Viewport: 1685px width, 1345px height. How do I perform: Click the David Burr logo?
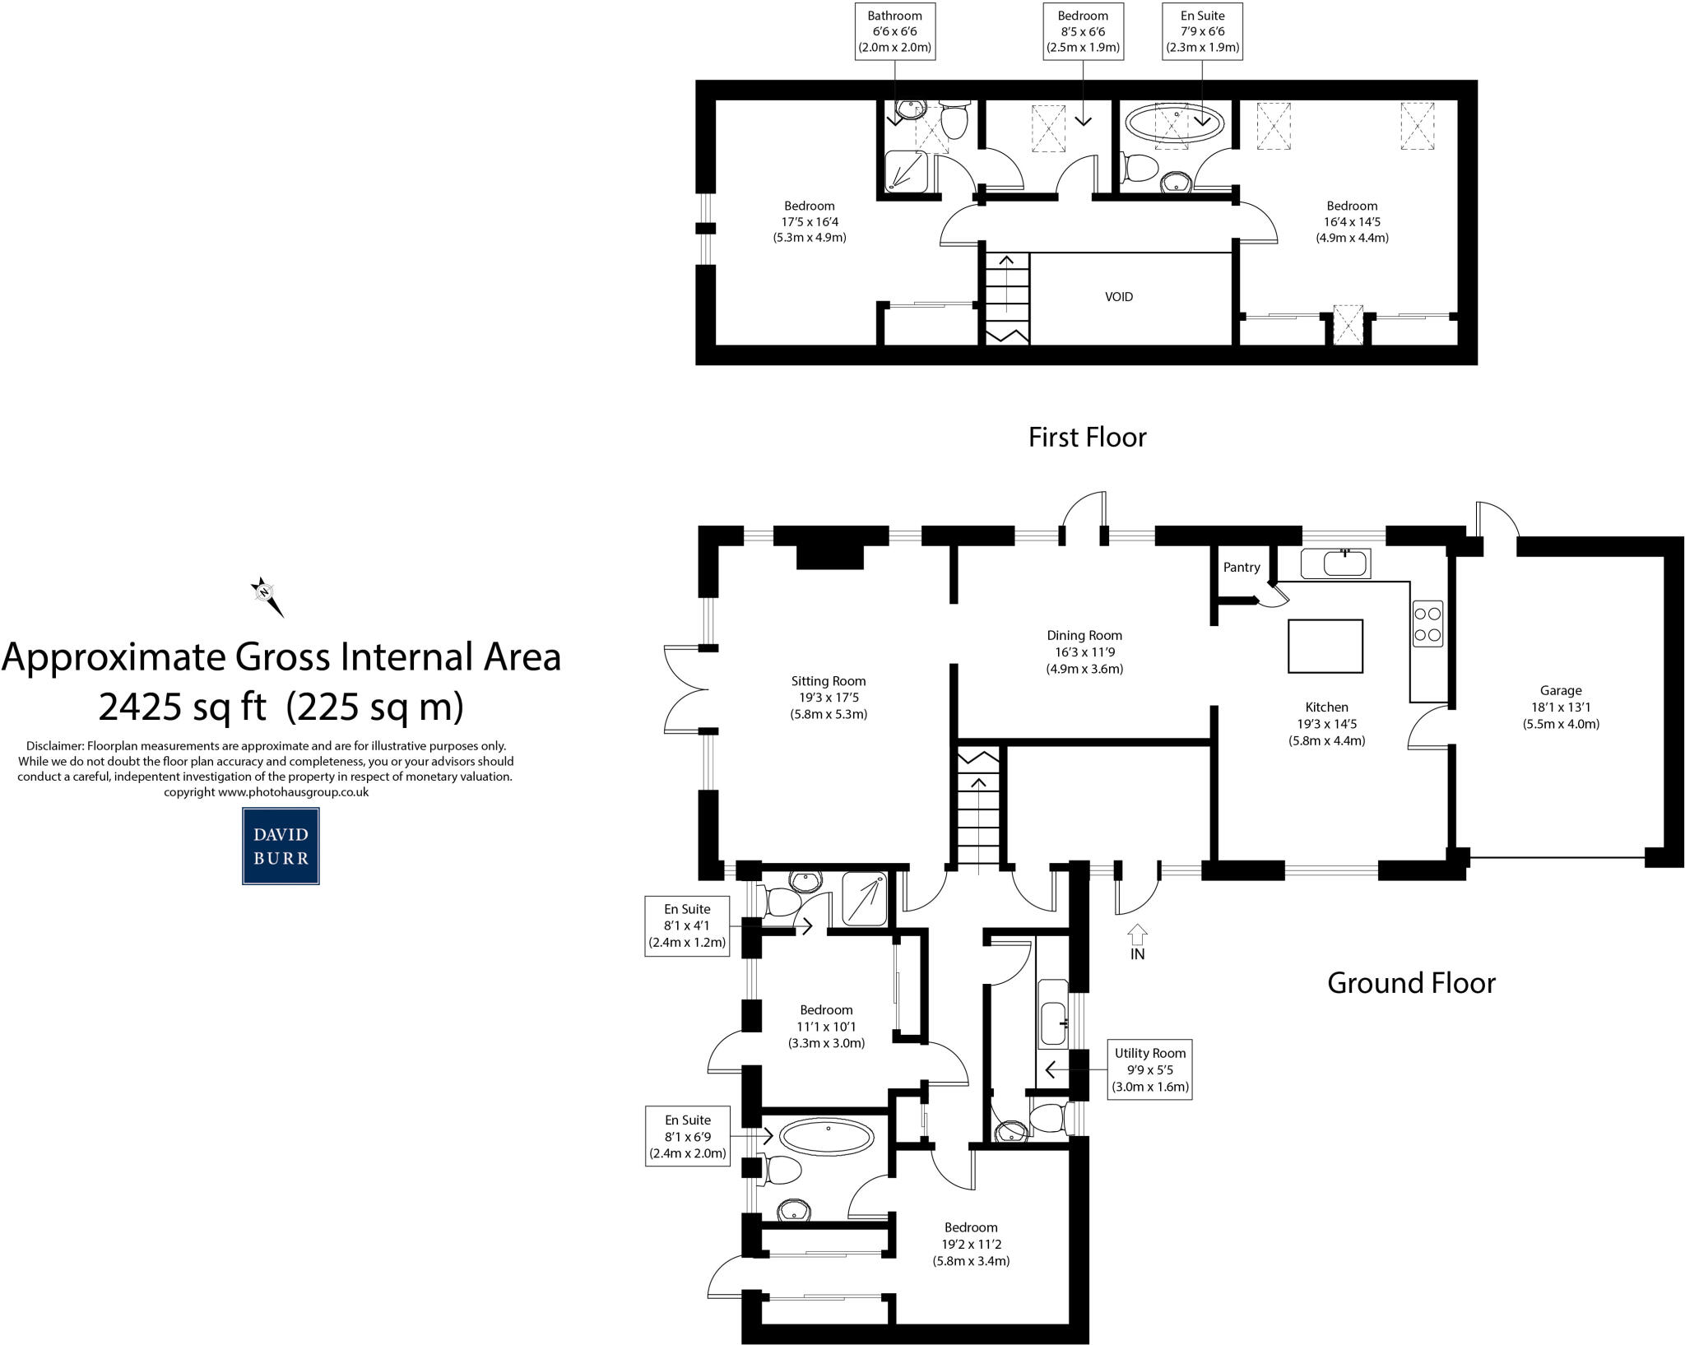[281, 846]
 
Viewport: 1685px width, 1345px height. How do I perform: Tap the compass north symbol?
[266, 594]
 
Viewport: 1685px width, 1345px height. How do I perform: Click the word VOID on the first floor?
[1118, 297]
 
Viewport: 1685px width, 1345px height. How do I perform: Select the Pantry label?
[1242, 568]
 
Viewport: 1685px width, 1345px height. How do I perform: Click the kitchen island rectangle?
[1325, 647]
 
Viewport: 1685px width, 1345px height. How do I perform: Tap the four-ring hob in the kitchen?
[1427, 624]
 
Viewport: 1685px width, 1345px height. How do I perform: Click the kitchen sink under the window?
[1335, 564]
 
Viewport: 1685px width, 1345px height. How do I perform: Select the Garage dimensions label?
[1561, 708]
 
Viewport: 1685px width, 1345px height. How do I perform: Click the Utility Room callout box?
[1150, 1069]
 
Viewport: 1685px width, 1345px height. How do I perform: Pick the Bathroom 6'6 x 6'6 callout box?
[894, 31]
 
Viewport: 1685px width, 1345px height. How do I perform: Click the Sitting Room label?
[828, 681]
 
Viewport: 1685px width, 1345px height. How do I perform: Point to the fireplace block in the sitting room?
[829, 556]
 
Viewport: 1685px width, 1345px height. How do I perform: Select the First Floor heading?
[1087, 437]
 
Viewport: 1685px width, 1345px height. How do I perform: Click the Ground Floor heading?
[1411, 983]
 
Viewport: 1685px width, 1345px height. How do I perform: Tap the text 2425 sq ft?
[183, 706]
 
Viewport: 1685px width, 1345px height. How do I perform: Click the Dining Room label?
[1084, 636]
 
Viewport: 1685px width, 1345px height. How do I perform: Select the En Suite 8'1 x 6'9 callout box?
[688, 1136]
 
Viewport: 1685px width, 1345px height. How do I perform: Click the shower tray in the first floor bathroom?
[907, 172]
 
